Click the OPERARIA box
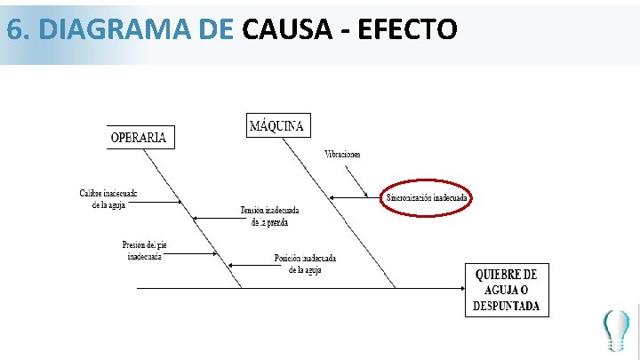(x=138, y=137)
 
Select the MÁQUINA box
(x=278, y=125)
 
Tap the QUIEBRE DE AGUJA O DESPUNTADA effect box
(x=507, y=290)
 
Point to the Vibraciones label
(x=342, y=155)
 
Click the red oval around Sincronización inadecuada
(x=427, y=197)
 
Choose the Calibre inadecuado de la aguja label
(x=108, y=198)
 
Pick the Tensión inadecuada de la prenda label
(x=269, y=216)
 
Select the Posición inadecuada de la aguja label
(x=305, y=264)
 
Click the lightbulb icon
(x=615, y=330)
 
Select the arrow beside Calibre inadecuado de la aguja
(x=159, y=202)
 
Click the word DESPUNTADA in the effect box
(x=507, y=306)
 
